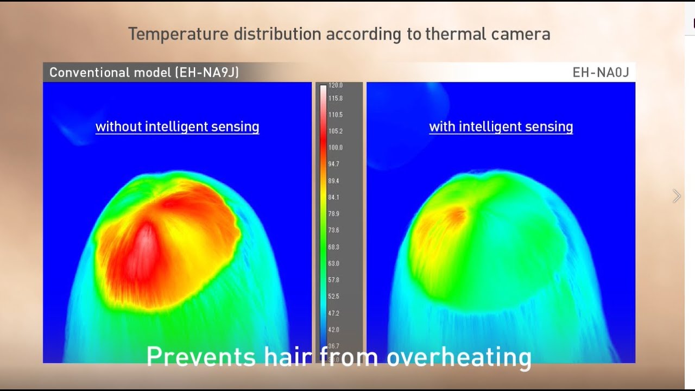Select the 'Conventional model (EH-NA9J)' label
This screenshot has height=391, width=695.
(144, 72)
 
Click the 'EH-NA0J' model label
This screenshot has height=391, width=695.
(601, 72)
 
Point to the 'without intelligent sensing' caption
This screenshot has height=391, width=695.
(177, 127)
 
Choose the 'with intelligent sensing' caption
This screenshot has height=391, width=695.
(501, 127)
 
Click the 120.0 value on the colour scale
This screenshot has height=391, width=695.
(336, 86)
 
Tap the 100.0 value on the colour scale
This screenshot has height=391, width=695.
(336, 148)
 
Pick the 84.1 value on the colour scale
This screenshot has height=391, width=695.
(334, 197)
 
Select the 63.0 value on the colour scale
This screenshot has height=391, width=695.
(334, 263)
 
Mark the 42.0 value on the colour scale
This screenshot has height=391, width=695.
(334, 330)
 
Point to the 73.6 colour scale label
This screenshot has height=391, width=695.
(334, 230)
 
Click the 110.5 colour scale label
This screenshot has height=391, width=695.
(336, 115)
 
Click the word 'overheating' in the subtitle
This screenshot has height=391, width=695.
(459, 357)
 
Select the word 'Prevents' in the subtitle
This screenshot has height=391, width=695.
(201, 357)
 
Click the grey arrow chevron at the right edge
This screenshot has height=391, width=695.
(677, 196)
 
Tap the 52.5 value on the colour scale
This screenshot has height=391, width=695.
(334, 297)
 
